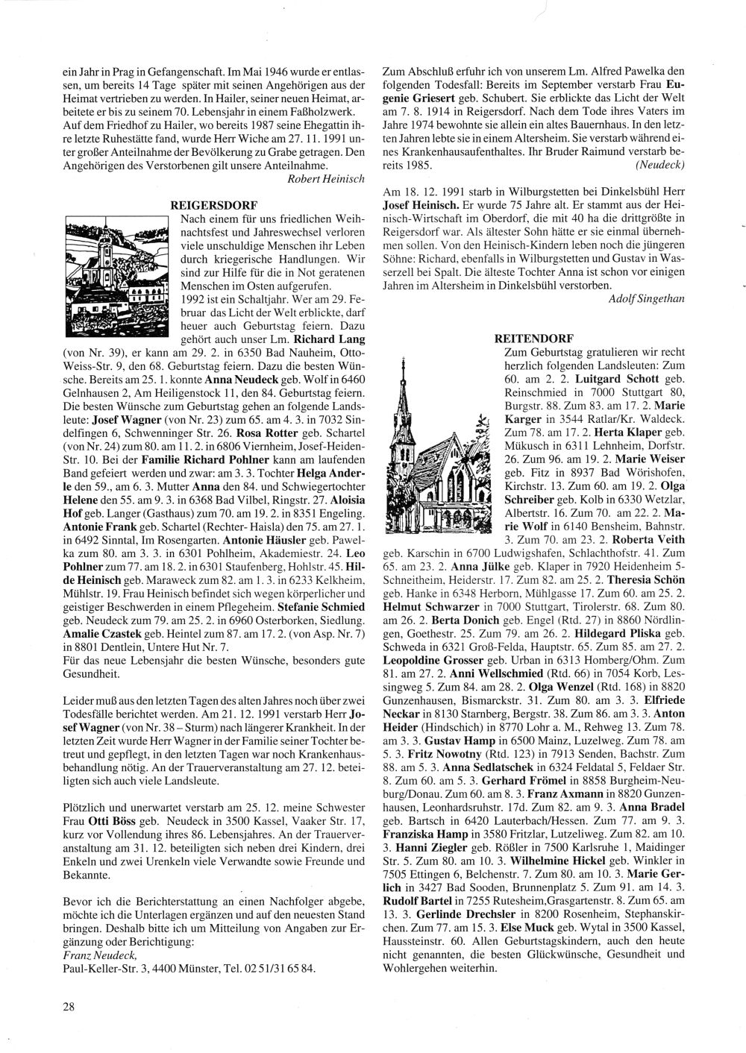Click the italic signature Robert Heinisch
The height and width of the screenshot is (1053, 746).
[326, 179]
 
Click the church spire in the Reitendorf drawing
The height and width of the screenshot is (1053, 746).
[404, 388]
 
